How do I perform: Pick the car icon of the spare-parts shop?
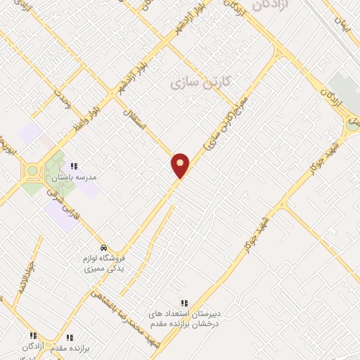click(103, 248)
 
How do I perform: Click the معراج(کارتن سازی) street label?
click(226, 127)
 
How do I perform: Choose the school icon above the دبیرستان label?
click(185, 302)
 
